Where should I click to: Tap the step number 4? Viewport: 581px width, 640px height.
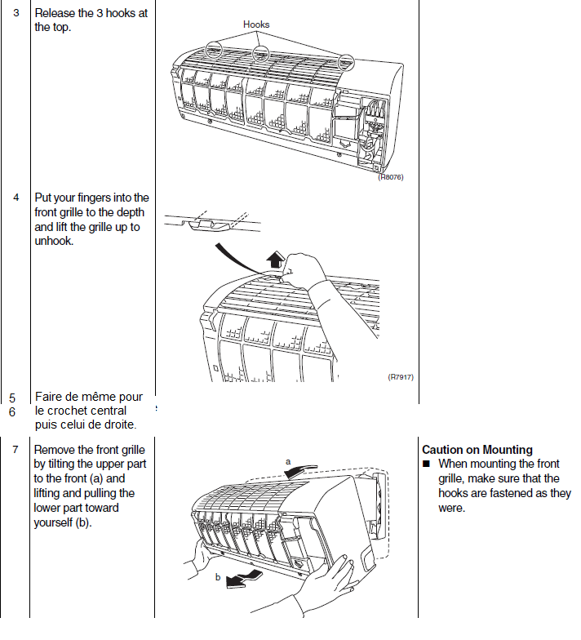[x=16, y=198]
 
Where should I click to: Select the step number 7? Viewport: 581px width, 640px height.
[x=16, y=450]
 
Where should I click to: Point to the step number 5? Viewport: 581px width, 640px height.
[x=12, y=398]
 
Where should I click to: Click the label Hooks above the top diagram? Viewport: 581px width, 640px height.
[x=256, y=24]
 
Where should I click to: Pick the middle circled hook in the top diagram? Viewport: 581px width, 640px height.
[x=260, y=54]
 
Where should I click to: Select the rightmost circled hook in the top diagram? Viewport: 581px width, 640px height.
[x=347, y=62]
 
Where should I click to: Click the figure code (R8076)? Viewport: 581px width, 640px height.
[x=390, y=177]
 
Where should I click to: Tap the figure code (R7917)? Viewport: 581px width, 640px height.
[x=401, y=377]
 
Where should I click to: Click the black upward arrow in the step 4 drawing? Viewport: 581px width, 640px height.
[x=277, y=260]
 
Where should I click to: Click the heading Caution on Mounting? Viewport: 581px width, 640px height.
[x=477, y=450]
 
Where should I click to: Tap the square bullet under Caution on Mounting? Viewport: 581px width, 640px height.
[x=426, y=464]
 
